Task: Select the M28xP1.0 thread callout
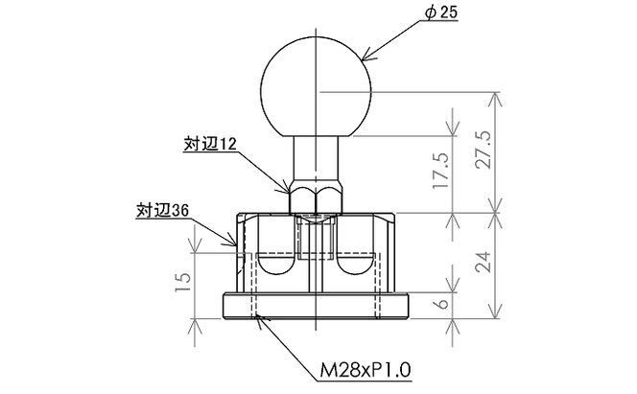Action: click(366, 367)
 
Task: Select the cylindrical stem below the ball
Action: click(314, 158)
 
